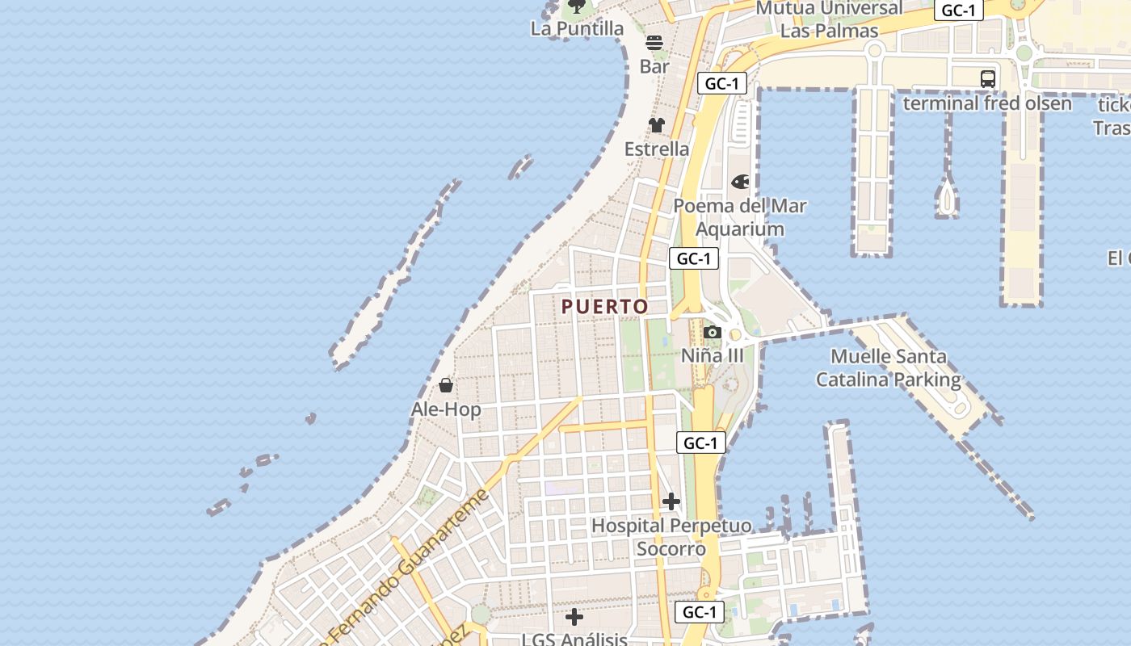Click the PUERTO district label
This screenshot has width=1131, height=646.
(605, 307)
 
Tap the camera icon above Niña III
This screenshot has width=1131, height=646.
(712, 332)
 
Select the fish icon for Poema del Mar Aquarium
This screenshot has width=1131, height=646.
(740, 182)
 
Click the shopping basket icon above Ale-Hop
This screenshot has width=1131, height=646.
(445, 385)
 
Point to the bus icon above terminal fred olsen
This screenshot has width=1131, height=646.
(987, 79)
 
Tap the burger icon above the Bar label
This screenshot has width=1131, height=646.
(654, 43)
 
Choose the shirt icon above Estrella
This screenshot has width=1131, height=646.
(656, 125)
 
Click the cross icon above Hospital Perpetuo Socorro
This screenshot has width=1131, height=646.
(671, 501)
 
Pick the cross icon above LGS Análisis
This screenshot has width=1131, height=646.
(574, 618)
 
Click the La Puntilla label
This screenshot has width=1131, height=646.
(577, 29)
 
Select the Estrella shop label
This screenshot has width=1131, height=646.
(657, 149)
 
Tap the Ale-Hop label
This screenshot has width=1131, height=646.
(446, 409)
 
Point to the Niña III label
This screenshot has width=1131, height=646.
(712, 356)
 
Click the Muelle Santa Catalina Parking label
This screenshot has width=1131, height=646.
(889, 367)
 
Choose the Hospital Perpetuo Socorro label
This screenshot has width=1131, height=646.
(671, 537)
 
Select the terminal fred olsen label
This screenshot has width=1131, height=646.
(987, 103)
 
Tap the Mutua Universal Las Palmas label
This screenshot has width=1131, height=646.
(829, 19)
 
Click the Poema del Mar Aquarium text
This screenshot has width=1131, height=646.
(740, 217)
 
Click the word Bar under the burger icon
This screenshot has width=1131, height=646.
(654, 66)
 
